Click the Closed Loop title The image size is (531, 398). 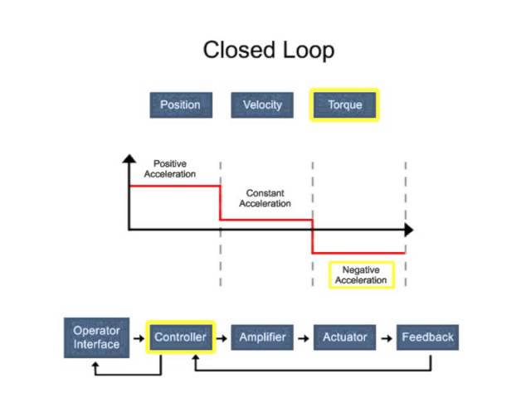tap(269, 50)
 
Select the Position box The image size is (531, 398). tap(180, 105)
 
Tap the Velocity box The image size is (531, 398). tap(262, 105)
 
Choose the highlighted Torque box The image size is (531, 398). tap(344, 105)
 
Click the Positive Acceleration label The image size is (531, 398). tap(170, 169)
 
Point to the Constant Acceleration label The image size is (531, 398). tap(265, 198)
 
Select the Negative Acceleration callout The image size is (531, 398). tap(361, 275)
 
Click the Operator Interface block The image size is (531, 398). tap(96, 337)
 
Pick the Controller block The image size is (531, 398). tap(180, 337)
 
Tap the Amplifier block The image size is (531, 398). tap(262, 337)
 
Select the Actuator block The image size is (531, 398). tap(344, 337)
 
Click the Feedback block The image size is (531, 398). tap(427, 337)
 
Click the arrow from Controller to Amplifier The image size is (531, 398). tap(222, 337)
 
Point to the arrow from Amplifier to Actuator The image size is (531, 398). tap(304, 337)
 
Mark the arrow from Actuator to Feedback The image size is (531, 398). tap(386, 337)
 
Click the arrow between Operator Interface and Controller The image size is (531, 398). tap(139, 337)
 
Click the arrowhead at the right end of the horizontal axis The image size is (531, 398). tap(407, 229)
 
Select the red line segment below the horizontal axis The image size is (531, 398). tap(358, 253)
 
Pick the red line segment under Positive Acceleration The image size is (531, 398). tap(174, 187)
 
